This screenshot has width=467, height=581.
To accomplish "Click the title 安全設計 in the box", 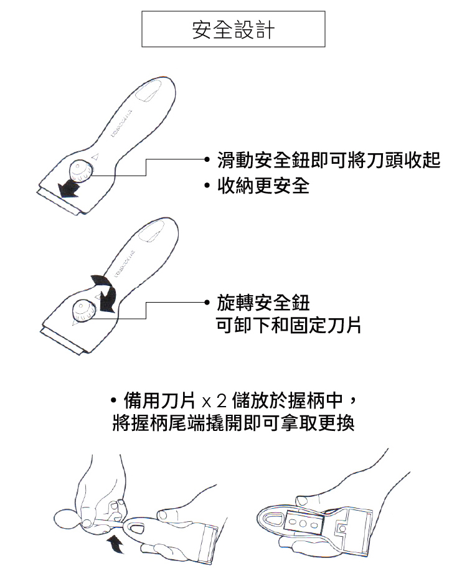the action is pyautogui.click(x=233, y=29).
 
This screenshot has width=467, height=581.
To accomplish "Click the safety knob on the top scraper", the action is pyautogui.click(x=81, y=171).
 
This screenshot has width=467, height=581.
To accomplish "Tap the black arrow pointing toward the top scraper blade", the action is pyautogui.click(x=69, y=188).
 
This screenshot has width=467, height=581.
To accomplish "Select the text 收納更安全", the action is pyautogui.click(x=263, y=186).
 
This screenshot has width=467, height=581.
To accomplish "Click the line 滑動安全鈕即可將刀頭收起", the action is pyautogui.click(x=329, y=160).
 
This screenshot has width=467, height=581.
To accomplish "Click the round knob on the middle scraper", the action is pyautogui.click(x=84, y=310).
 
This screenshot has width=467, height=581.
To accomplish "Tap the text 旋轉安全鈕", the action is pyautogui.click(x=263, y=303).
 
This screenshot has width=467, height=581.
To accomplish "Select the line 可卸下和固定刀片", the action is pyautogui.click(x=288, y=325).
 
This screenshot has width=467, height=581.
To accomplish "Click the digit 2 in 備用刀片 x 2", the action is pyautogui.click(x=222, y=400).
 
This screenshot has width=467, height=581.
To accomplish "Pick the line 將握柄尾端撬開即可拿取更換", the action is pyautogui.click(x=233, y=423).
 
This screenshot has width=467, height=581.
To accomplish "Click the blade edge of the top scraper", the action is pyautogui.click(x=59, y=202).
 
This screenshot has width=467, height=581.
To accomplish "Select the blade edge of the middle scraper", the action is pyautogui.click(x=61, y=341).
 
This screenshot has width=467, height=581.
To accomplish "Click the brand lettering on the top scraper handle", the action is pyautogui.click(x=122, y=123).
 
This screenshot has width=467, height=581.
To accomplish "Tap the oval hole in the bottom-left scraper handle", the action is pyautogui.click(x=136, y=528).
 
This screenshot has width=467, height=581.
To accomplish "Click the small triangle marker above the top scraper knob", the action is pyautogui.click(x=95, y=156).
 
